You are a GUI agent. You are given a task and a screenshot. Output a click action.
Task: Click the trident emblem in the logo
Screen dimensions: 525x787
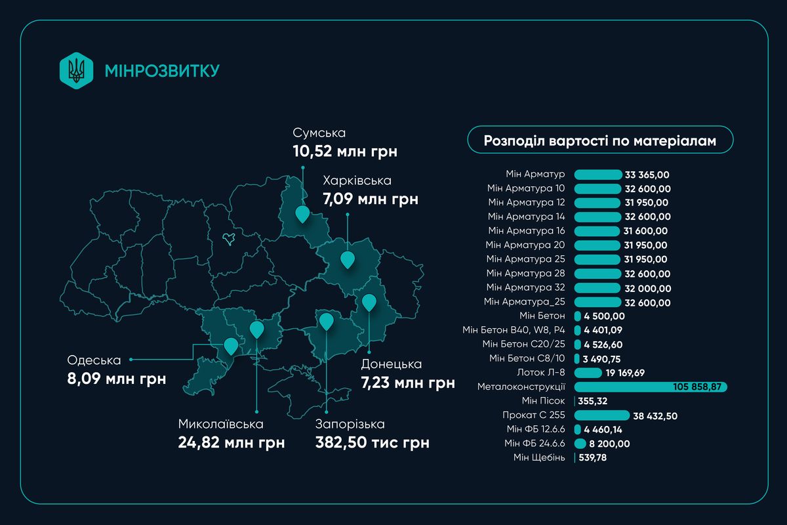[x=77, y=70]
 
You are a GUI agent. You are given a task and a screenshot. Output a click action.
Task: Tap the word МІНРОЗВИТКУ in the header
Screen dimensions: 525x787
[x=161, y=70]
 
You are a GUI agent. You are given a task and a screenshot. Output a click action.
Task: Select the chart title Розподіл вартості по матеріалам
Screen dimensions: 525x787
[x=599, y=140]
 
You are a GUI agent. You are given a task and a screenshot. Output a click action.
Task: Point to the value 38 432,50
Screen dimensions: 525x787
[x=660, y=415]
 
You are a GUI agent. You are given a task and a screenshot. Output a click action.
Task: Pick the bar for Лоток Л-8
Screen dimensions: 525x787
[x=588, y=373]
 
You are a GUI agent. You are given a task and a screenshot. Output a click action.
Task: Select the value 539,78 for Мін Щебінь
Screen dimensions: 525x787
[x=597, y=457]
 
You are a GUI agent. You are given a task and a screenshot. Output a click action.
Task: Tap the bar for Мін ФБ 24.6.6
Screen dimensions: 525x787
[x=580, y=444]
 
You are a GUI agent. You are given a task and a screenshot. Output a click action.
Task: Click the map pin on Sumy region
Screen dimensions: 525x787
[x=302, y=214]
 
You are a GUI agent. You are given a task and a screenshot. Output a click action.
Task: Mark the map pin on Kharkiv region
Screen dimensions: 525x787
[x=348, y=260]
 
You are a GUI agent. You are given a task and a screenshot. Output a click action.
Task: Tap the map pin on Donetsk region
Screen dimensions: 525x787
[x=369, y=303]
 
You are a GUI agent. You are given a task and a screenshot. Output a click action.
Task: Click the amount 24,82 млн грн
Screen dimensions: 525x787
[x=231, y=442]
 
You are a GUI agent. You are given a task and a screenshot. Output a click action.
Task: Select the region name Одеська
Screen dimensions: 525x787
[x=94, y=360]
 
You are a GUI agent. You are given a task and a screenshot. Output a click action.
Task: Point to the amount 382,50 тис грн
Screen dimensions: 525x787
[x=372, y=442]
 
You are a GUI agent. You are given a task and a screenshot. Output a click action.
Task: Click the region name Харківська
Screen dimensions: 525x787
[x=357, y=180]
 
